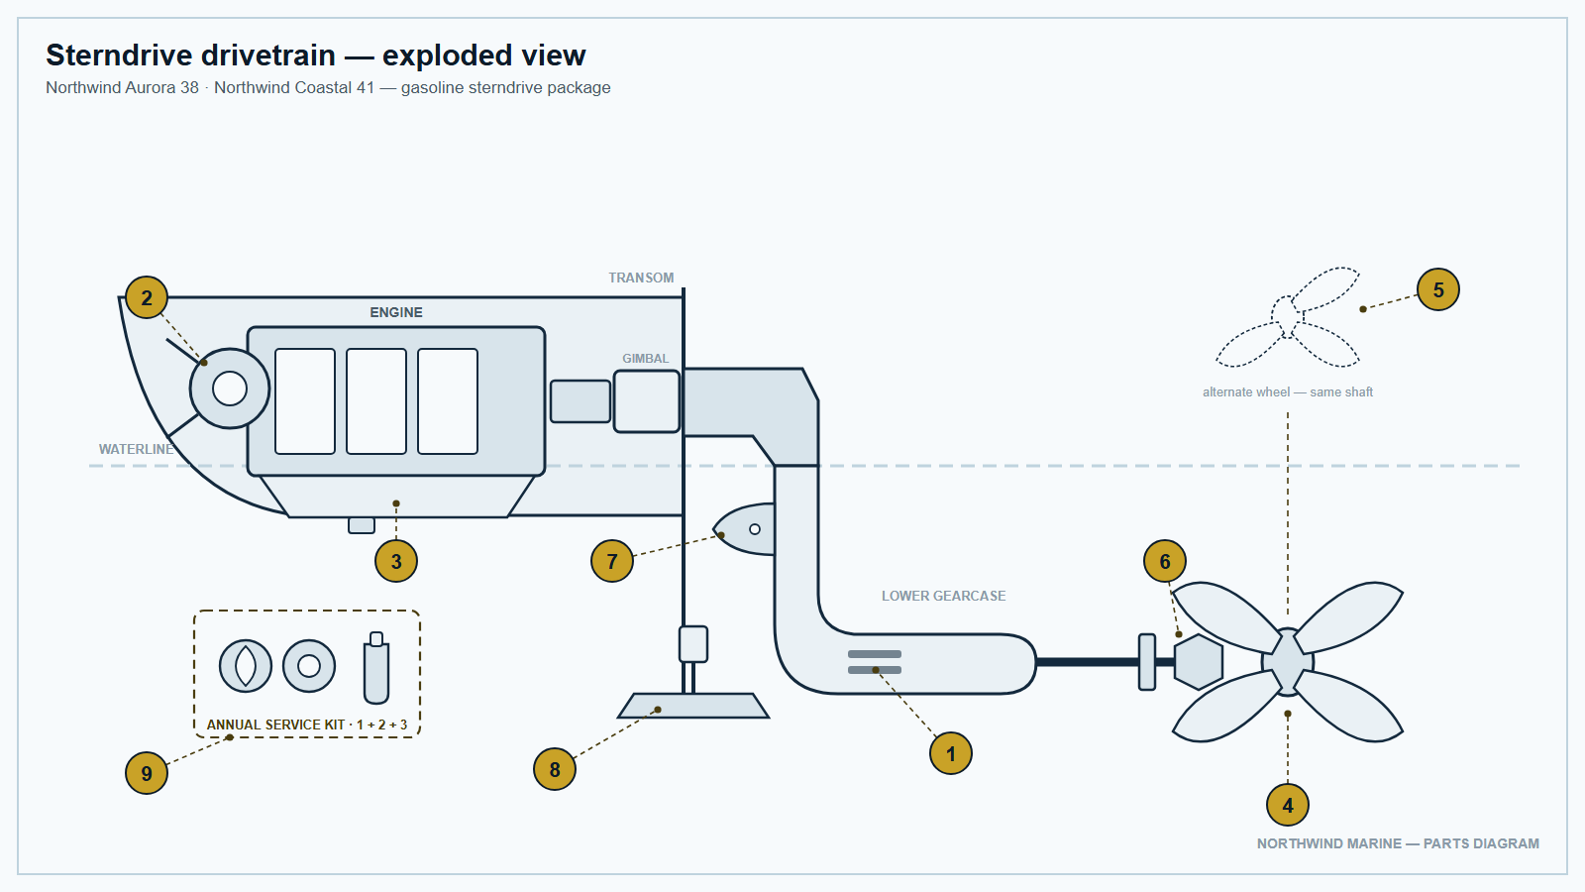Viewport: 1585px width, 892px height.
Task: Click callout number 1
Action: coord(950,753)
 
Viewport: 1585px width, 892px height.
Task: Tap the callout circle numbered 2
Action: coord(147,297)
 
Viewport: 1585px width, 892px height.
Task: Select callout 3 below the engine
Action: coord(396,561)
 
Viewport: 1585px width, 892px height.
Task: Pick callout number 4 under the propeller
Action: coord(1287,805)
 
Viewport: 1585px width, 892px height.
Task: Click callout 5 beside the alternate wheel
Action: coord(1437,289)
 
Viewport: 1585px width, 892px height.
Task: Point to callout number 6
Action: coord(1165,561)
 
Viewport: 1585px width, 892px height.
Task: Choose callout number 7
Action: coord(612,561)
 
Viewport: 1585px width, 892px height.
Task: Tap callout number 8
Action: coord(555,769)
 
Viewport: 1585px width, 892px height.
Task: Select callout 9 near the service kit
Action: coord(147,772)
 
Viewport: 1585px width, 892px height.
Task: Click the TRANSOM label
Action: coord(641,278)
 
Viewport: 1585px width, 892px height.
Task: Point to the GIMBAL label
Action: coord(645,358)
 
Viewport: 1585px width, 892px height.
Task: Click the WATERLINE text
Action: coord(136,449)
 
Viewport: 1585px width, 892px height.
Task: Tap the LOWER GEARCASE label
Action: coord(943,596)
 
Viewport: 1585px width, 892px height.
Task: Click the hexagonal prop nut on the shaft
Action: coord(1198,662)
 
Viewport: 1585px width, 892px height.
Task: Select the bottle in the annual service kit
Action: coord(376,668)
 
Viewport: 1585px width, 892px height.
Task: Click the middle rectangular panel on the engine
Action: coord(376,400)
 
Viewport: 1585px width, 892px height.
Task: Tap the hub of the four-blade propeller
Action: coord(1288,662)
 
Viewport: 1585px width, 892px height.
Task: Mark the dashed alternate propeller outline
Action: coord(1287,318)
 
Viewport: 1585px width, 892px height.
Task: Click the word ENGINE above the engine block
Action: coord(396,312)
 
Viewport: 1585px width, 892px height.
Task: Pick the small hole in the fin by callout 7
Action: coord(755,529)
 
